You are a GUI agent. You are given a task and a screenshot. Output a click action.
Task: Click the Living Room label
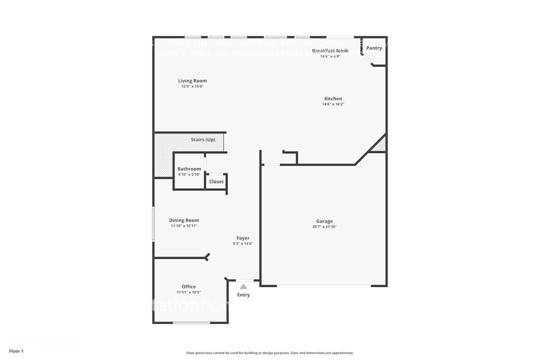pyautogui.click(x=192, y=81)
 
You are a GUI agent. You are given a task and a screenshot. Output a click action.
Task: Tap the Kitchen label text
pyautogui.click(x=333, y=99)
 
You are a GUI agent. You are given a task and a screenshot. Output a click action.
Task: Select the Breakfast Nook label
pyautogui.click(x=330, y=51)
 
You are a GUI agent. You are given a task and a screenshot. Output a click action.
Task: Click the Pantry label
pyautogui.click(x=374, y=48)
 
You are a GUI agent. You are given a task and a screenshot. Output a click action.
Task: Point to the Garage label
pyautogui.click(x=324, y=221)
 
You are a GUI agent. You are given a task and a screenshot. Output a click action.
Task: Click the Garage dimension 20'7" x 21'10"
pyautogui.click(x=324, y=227)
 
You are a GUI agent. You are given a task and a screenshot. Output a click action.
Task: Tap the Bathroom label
pyautogui.click(x=189, y=169)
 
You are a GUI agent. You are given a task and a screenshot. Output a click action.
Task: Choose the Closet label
pyautogui.click(x=216, y=182)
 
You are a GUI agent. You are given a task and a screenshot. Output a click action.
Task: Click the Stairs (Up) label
pyautogui.click(x=203, y=140)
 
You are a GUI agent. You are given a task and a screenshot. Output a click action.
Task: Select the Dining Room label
pyautogui.click(x=184, y=220)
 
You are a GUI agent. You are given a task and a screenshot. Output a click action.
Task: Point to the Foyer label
pyautogui.click(x=243, y=238)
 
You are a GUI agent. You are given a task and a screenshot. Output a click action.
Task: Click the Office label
pyautogui.click(x=189, y=287)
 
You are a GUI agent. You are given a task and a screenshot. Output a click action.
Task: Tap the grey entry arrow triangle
pyautogui.click(x=243, y=286)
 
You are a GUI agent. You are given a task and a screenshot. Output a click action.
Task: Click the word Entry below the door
pyautogui.click(x=244, y=295)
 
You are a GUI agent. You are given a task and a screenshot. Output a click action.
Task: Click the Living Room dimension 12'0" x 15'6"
pyautogui.click(x=192, y=87)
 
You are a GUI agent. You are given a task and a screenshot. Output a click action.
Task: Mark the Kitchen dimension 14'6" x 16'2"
pyautogui.click(x=333, y=105)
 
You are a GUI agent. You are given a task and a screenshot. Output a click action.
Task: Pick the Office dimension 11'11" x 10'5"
pyautogui.click(x=189, y=293)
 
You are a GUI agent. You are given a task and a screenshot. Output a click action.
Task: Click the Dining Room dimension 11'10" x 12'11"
pyautogui.click(x=184, y=227)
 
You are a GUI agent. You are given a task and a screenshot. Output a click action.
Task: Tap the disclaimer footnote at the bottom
pyautogui.click(x=269, y=353)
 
